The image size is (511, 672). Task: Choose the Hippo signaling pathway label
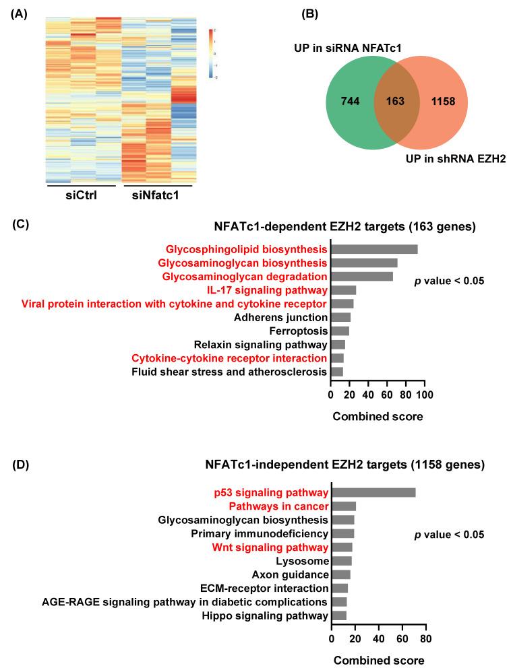click(x=275, y=615)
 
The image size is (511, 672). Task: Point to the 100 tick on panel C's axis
click(x=425, y=394)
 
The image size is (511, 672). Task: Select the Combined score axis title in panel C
click(x=378, y=416)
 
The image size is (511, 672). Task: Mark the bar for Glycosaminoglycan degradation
click(x=362, y=276)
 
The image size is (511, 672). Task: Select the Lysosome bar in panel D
click(x=342, y=561)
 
